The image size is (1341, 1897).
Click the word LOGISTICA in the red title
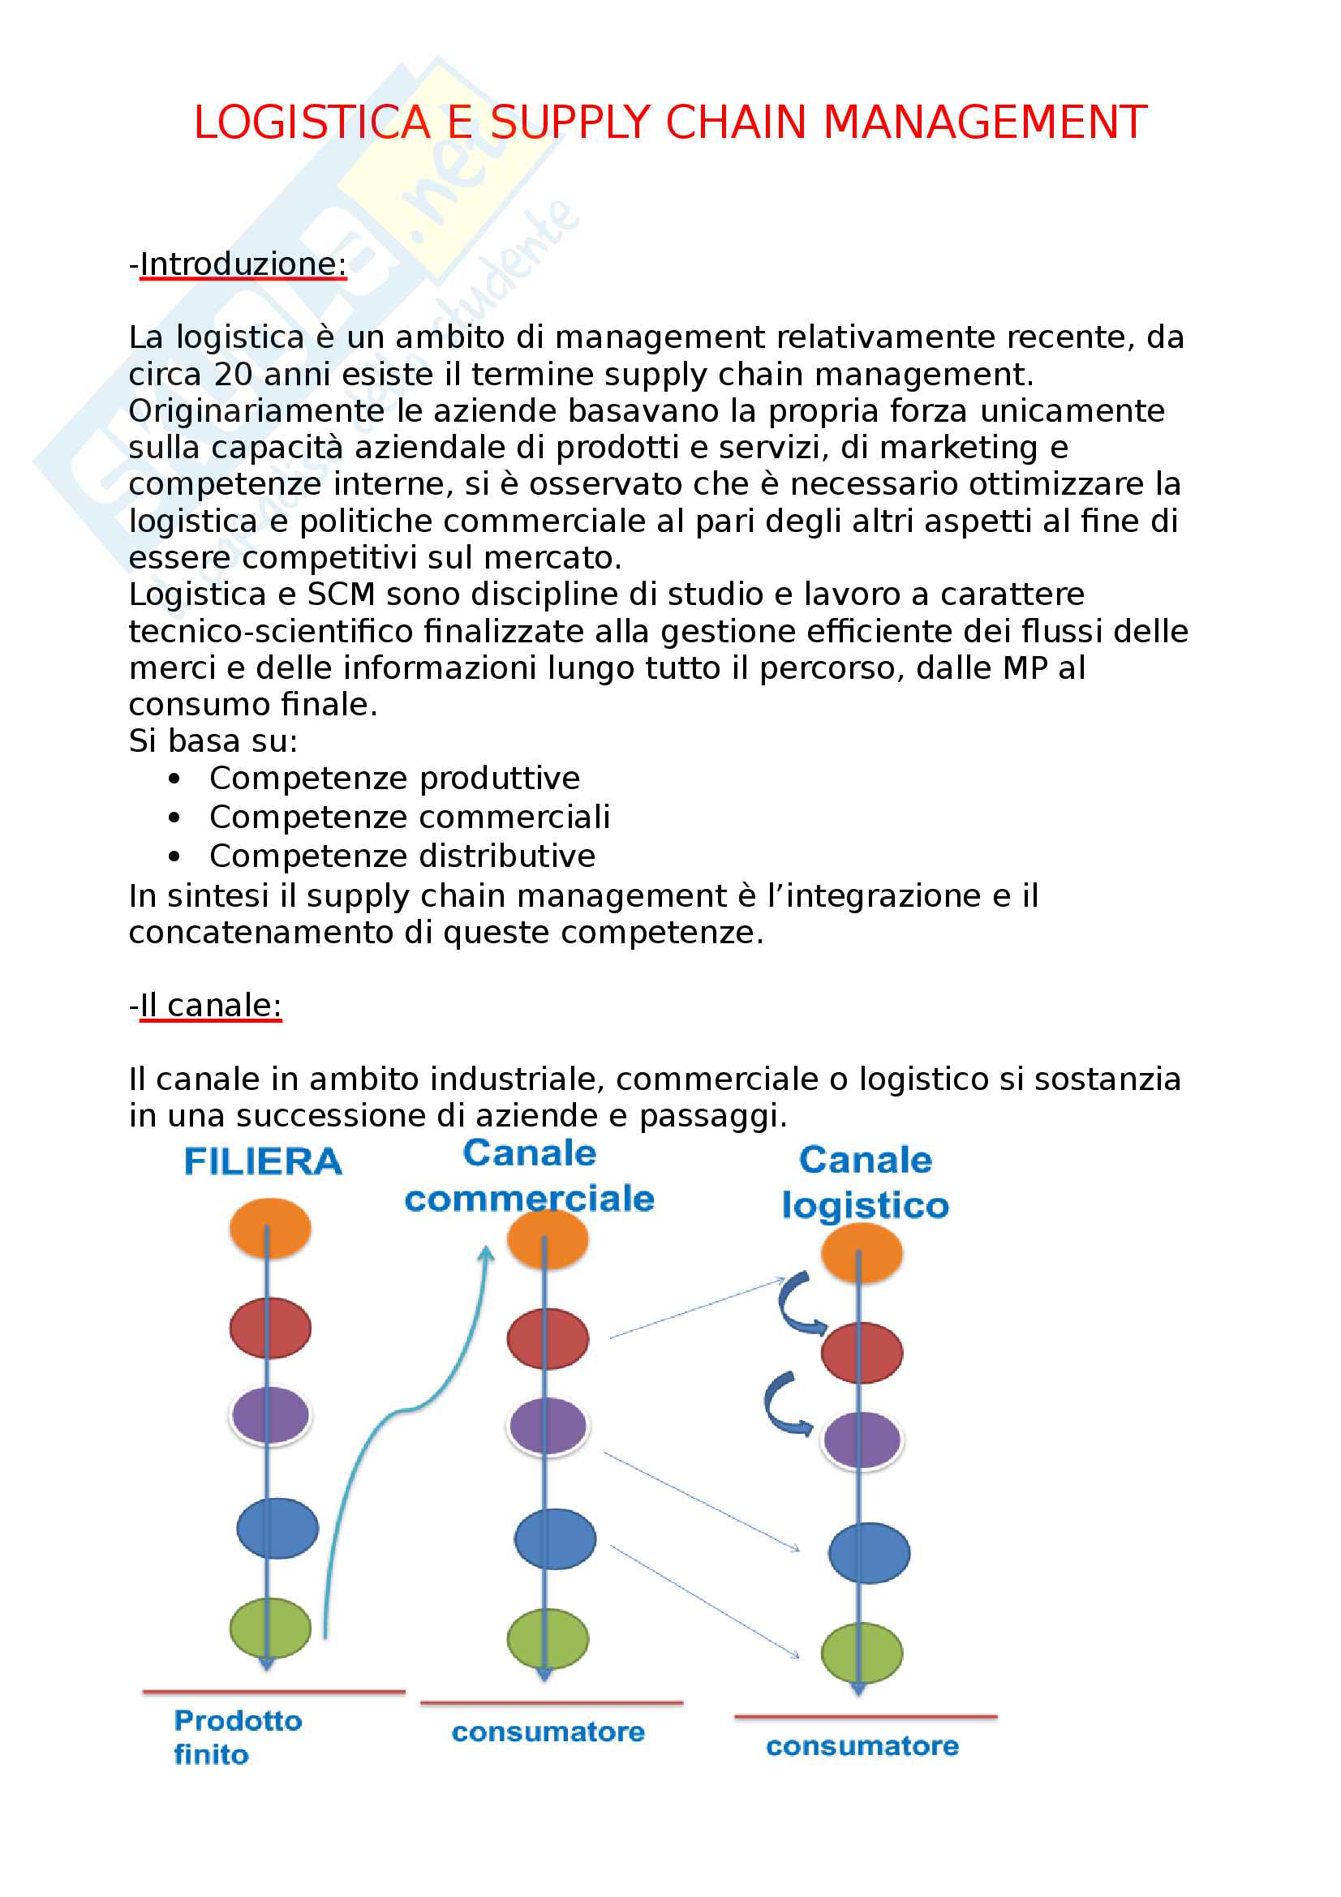click(x=312, y=123)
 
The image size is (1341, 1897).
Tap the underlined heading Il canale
click(x=211, y=1006)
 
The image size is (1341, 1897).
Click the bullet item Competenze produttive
click(x=394, y=779)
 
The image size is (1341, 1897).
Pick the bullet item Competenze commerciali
click(x=409, y=818)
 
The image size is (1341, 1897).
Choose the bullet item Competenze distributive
click(x=402, y=856)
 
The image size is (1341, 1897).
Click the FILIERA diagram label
click(x=263, y=1161)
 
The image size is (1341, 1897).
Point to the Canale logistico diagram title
click(x=865, y=1182)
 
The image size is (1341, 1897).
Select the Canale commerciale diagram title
click(x=530, y=1176)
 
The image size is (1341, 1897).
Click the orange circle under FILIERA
click(x=270, y=1229)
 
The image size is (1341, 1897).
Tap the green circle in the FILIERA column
click(x=270, y=1628)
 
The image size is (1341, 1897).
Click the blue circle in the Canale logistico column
click(x=869, y=1552)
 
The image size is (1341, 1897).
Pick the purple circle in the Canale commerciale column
click(x=548, y=1425)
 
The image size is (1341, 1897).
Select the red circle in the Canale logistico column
click(x=862, y=1353)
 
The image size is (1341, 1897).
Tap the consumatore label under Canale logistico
click(x=862, y=1746)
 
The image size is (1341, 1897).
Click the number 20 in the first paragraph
click(x=233, y=374)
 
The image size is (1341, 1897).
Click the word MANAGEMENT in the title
click(x=985, y=123)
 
